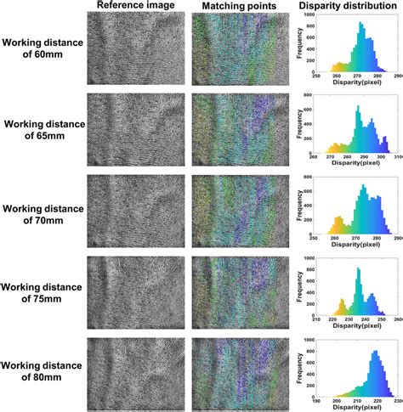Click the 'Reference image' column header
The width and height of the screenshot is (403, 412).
coord(136,6)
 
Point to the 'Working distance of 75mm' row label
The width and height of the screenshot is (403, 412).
coord(43,294)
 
